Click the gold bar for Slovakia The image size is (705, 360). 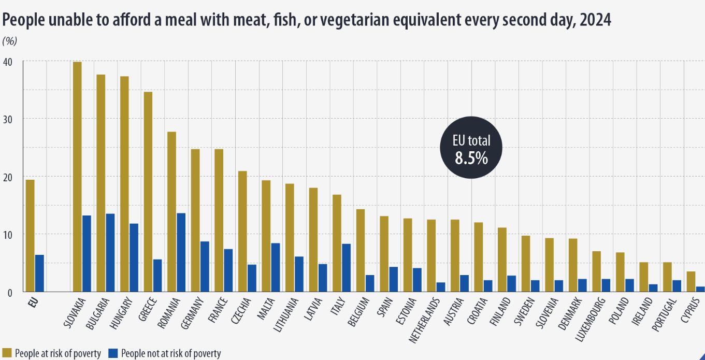(x=77, y=177)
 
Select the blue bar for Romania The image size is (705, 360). (x=181, y=253)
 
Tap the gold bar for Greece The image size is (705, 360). (x=148, y=192)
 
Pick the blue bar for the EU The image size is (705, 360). (x=39, y=273)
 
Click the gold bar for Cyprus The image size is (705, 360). (x=691, y=282)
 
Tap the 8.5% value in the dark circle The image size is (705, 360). (x=471, y=159)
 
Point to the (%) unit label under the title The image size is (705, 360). (x=10, y=41)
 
